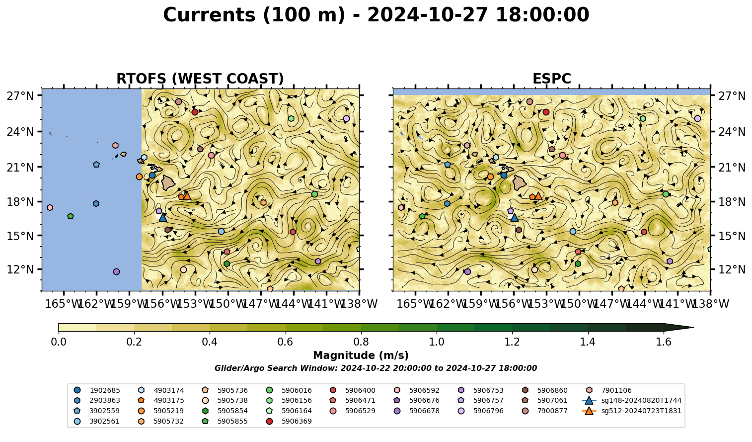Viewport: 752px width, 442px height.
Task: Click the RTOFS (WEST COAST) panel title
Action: coord(200,79)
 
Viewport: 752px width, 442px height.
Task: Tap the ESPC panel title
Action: coord(551,79)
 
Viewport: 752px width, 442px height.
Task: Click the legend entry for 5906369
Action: coord(290,421)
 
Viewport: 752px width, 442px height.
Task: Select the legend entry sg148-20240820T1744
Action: coord(631,400)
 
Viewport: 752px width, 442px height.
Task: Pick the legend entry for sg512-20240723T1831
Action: coord(631,411)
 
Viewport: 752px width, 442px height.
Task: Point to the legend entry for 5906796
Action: coord(482,411)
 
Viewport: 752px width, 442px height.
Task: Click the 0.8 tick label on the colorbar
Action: coord(361,342)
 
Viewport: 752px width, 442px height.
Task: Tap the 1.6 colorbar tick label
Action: coord(664,342)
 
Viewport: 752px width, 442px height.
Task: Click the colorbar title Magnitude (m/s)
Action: coord(361,355)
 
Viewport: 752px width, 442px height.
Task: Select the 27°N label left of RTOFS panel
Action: coord(20,96)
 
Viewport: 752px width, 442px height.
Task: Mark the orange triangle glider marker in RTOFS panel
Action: coord(187,196)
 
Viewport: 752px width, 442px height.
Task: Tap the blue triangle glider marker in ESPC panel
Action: coord(514,217)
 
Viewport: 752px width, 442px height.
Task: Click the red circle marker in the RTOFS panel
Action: coord(195,112)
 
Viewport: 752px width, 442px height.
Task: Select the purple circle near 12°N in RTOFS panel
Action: coord(116,271)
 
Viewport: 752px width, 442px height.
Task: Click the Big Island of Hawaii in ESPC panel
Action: coord(520,182)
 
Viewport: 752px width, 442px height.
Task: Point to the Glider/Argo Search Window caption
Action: coord(376,368)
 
